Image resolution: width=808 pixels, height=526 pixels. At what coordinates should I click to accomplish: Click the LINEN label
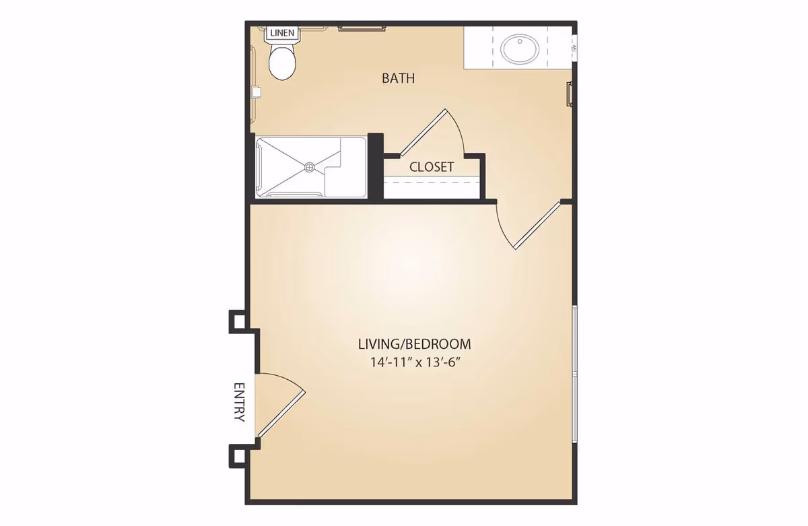(x=281, y=32)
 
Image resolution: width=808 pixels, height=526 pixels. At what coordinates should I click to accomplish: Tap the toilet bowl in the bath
(x=282, y=65)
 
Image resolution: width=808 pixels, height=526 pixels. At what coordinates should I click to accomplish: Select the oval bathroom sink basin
(x=519, y=48)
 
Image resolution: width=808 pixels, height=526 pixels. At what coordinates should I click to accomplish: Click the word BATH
(x=398, y=78)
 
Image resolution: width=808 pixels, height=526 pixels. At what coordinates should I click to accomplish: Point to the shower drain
(x=310, y=166)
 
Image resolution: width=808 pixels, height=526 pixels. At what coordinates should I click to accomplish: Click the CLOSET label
(x=432, y=166)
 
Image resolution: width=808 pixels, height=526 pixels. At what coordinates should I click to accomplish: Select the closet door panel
(x=422, y=132)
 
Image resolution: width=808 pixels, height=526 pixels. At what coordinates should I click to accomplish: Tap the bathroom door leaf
(x=537, y=226)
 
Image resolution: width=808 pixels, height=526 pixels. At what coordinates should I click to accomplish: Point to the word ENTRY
(x=239, y=402)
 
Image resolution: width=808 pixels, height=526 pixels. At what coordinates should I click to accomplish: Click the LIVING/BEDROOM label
(x=414, y=343)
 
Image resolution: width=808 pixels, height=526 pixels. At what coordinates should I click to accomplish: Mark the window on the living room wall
(x=574, y=374)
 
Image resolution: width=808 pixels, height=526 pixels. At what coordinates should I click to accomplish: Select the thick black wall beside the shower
(x=375, y=167)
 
